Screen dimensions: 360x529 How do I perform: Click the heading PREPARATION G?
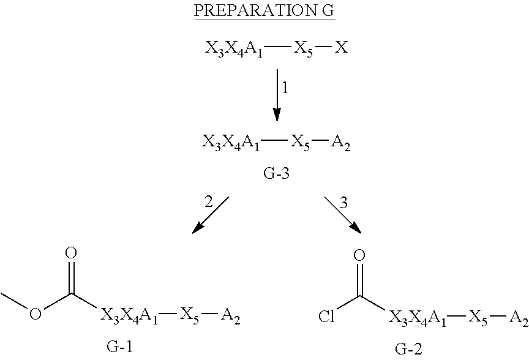(x=264, y=11)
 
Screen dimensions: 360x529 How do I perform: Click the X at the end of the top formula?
(x=341, y=48)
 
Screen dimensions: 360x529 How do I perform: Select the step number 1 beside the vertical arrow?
(x=285, y=87)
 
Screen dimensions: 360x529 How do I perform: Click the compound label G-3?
(x=276, y=173)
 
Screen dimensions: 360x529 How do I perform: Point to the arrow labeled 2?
(x=210, y=215)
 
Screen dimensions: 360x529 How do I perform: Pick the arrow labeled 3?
(x=342, y=215)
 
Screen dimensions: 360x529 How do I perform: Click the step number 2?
(x=209, y=203)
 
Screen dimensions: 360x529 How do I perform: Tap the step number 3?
(x=343, y=203)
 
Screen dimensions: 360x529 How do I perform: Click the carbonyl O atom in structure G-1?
(x=72, y=252)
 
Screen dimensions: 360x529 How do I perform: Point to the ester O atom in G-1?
(x=36, y=314)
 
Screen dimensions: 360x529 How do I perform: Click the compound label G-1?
(x=119, y=348)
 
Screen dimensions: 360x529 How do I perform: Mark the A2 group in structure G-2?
(x=517, y=318)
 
